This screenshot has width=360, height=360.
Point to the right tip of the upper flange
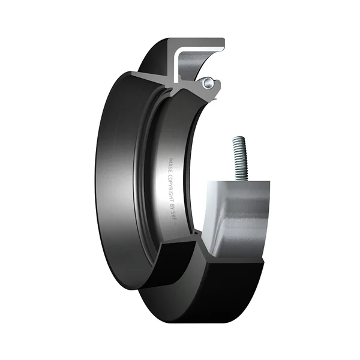222,43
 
